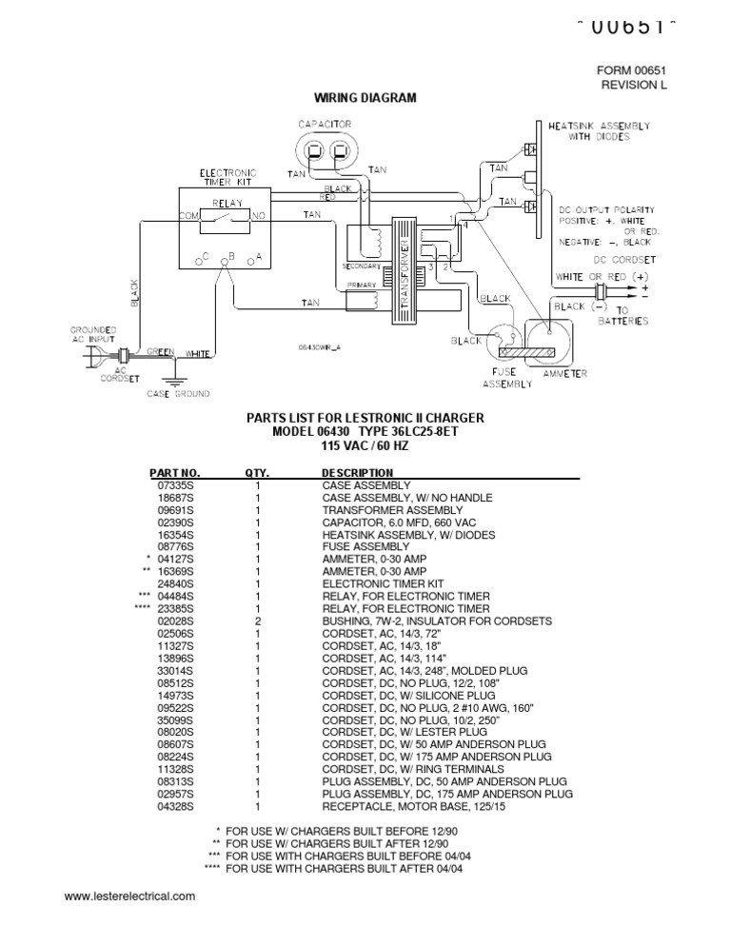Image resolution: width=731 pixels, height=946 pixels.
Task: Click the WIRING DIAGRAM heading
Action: [x=365, y=99]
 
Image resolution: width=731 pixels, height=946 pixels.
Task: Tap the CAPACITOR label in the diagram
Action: [x=325, y=125]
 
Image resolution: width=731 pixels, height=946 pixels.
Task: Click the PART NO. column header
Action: [x=175, y=472]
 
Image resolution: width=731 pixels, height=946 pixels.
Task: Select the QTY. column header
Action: [x=257, y=472]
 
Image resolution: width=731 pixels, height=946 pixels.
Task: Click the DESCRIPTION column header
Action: [x=357, y=472]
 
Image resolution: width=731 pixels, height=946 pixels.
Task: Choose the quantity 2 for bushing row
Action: [x=257, y=621]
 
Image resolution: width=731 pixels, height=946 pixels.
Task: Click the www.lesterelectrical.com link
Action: [x=129, y=896]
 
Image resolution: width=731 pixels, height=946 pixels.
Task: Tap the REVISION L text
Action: [x=633, y=86]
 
